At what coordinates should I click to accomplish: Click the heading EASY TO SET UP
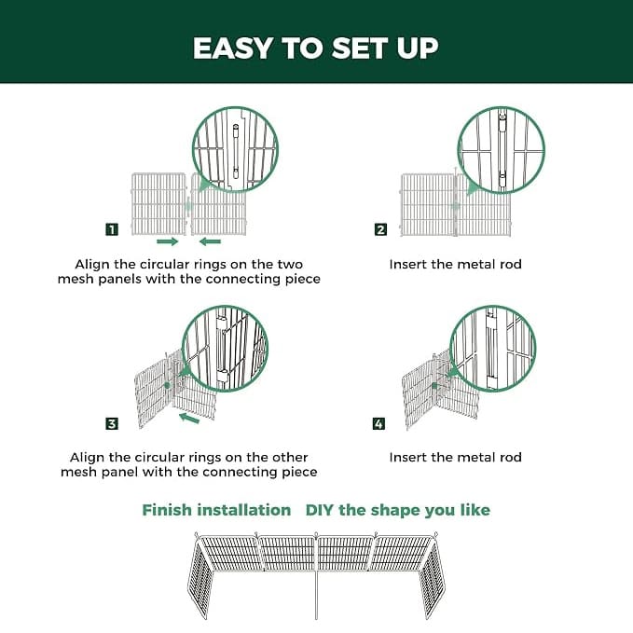(x=316, y=48)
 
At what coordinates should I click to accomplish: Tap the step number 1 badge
(x=112, y=229)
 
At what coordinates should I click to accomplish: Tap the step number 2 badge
(x=380, y=229)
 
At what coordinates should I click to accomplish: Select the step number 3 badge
(x=112, y=424)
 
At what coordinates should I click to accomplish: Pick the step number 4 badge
(x=378, y=424)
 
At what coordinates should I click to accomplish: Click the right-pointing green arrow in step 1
(x=168, y=241)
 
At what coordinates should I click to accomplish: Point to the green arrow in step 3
(x=189, y=420)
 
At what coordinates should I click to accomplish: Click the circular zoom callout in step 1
(x=234, y=150)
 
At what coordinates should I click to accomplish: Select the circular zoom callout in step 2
(x=501, y=150)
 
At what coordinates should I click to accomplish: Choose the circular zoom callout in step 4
(x=492, y=349)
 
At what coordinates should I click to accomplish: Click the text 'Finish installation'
(x=216, y=510)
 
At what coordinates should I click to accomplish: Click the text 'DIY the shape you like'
(x=397, y=510)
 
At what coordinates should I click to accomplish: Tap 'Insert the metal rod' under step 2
(x=455, y=265)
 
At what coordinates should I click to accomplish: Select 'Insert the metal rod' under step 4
(x=455, y=458)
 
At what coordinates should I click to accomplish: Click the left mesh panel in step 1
(x=158, y=203)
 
